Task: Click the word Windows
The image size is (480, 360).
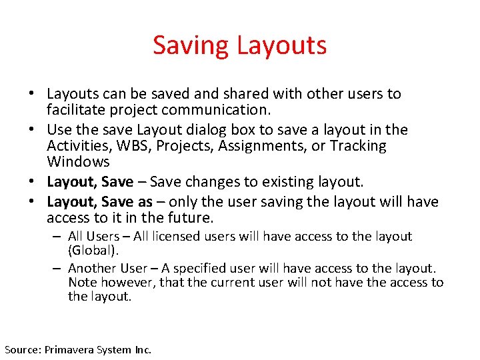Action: click(x=79, y=161)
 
